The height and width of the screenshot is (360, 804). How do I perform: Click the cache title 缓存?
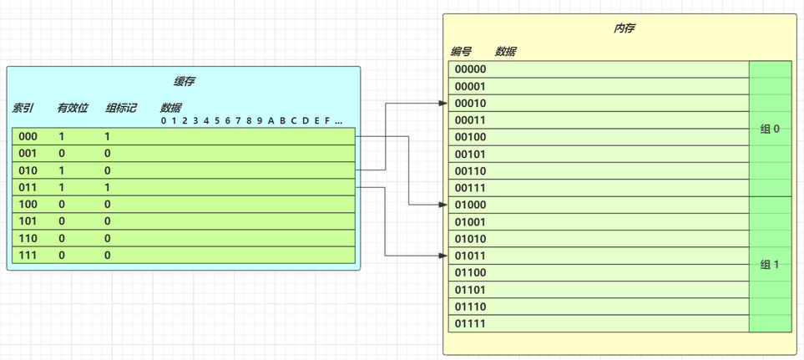[184, 81]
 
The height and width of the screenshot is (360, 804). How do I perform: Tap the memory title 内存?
[624, 28]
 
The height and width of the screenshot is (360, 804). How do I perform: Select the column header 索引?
[23, 109]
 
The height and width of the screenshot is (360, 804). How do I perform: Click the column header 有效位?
[73, 109]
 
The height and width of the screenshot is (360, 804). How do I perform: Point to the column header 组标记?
[120, 109]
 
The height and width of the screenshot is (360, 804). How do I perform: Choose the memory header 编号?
[461, 51]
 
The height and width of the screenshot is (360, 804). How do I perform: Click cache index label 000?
[28, 136]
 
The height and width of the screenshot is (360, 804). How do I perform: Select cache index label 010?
[28, 170]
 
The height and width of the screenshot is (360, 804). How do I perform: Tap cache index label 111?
[28, 255]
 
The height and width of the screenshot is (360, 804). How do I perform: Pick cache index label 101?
[28, 221]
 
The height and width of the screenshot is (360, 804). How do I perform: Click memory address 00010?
[470, 103]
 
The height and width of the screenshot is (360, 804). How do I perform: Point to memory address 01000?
[470, 205]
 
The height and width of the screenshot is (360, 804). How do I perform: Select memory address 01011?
[470, 256]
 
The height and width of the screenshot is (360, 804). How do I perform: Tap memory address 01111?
[470, 323]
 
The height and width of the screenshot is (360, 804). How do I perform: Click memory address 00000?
[470, 69]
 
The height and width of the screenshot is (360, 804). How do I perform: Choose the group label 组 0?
[770, 129]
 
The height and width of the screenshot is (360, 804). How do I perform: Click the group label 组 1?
[770, 265]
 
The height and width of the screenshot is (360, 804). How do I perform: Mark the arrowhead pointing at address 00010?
[444, 103]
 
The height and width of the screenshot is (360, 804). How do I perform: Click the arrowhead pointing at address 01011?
[444, 256]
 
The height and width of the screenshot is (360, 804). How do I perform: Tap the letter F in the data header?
[326, 121]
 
